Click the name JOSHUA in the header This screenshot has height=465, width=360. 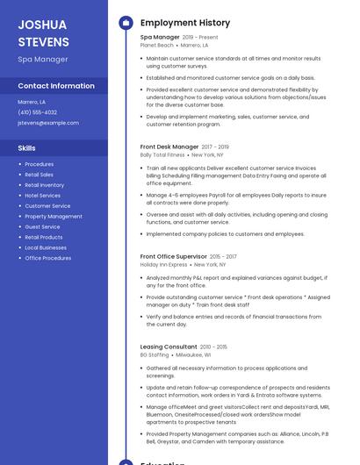pyautogui.click(x=42, y=25)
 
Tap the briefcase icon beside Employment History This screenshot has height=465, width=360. pyautogui.click(x=125, y=23)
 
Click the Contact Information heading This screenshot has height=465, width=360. pyautogui.click(x=56, y=86)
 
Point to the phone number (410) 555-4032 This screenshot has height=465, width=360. pyautogui.click(x=37, y=112)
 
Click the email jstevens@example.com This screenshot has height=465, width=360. pyautogui.click(x=48, y=123)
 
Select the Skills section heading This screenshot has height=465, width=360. pyautogui.click(x=27, y=148)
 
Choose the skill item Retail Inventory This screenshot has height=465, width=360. pyautogui.click(x=44, y=185)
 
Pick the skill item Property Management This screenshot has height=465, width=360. pyautogui.click(x=54, y=216)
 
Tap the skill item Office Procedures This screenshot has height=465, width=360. pyautogui.click(x=48, y=258)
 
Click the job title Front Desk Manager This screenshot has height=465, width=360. pyautogui.click(x=169, y=147)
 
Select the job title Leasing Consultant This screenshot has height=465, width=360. pyautogui.click(x=169, y=347)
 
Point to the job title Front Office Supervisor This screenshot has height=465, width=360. pyautogui.click(x=173, y=256)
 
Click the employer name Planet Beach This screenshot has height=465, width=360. pyautogui.click(x=157, y=45)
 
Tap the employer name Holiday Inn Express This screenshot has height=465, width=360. pyautogui.click(x=163, y=264)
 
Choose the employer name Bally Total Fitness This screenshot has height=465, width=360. pyautogui.click(x=163, y=154)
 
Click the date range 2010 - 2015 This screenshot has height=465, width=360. pyautogui.click(x=214, y=347)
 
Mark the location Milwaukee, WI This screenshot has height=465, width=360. pyautogui.click(x=194, y=354)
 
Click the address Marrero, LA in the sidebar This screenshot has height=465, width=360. pyautogui.click(x=32, y=102)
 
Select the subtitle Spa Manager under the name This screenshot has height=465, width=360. pyautogui.click(x=43, y=60)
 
